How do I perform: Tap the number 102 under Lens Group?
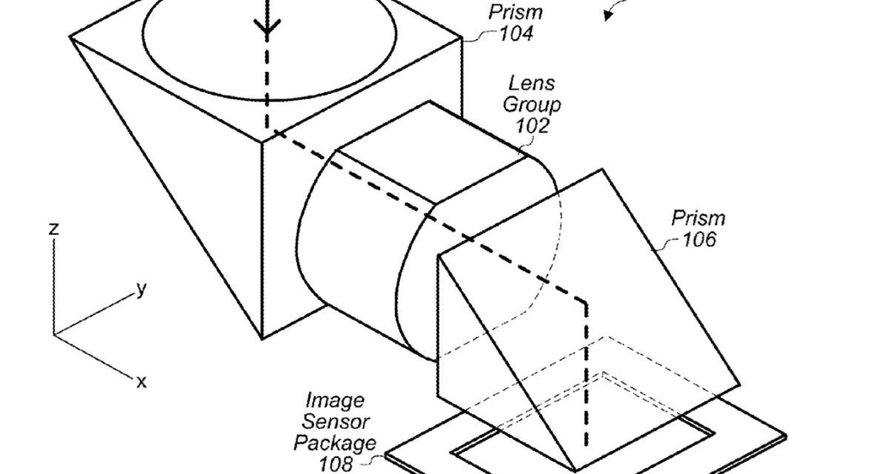tap(533, 125)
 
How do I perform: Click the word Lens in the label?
tap(530, 83)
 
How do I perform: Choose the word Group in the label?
tap(532, 104)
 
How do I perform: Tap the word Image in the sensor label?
tap(336, 401)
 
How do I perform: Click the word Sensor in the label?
tap(336, 422)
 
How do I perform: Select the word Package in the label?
tap(335, 443)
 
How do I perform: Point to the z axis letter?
tap(53, 229)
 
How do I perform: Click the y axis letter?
tap(141, 289)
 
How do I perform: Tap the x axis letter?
tap(141, 381)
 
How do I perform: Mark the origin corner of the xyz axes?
tap(54, 333)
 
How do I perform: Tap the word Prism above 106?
tap(698, 218)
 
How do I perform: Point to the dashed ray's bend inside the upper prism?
tap(267, 131)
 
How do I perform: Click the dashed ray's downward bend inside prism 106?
tap(585, 302)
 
